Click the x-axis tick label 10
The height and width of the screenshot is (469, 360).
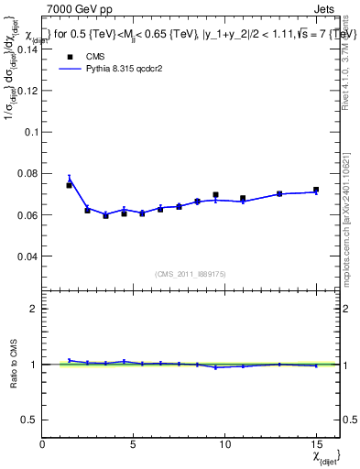pos(224,444)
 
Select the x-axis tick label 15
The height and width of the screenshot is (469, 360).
pos(315,444)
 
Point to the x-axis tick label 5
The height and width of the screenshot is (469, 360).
pos(134,444)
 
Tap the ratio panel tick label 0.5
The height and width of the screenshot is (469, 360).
pos(28,419)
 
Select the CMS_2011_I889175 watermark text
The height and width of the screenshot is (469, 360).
pos(191,272)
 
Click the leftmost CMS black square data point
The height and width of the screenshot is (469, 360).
pos(69,185)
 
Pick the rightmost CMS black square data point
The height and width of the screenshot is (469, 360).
pos(316,190)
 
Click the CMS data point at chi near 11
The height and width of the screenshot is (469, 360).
pos(243,198)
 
